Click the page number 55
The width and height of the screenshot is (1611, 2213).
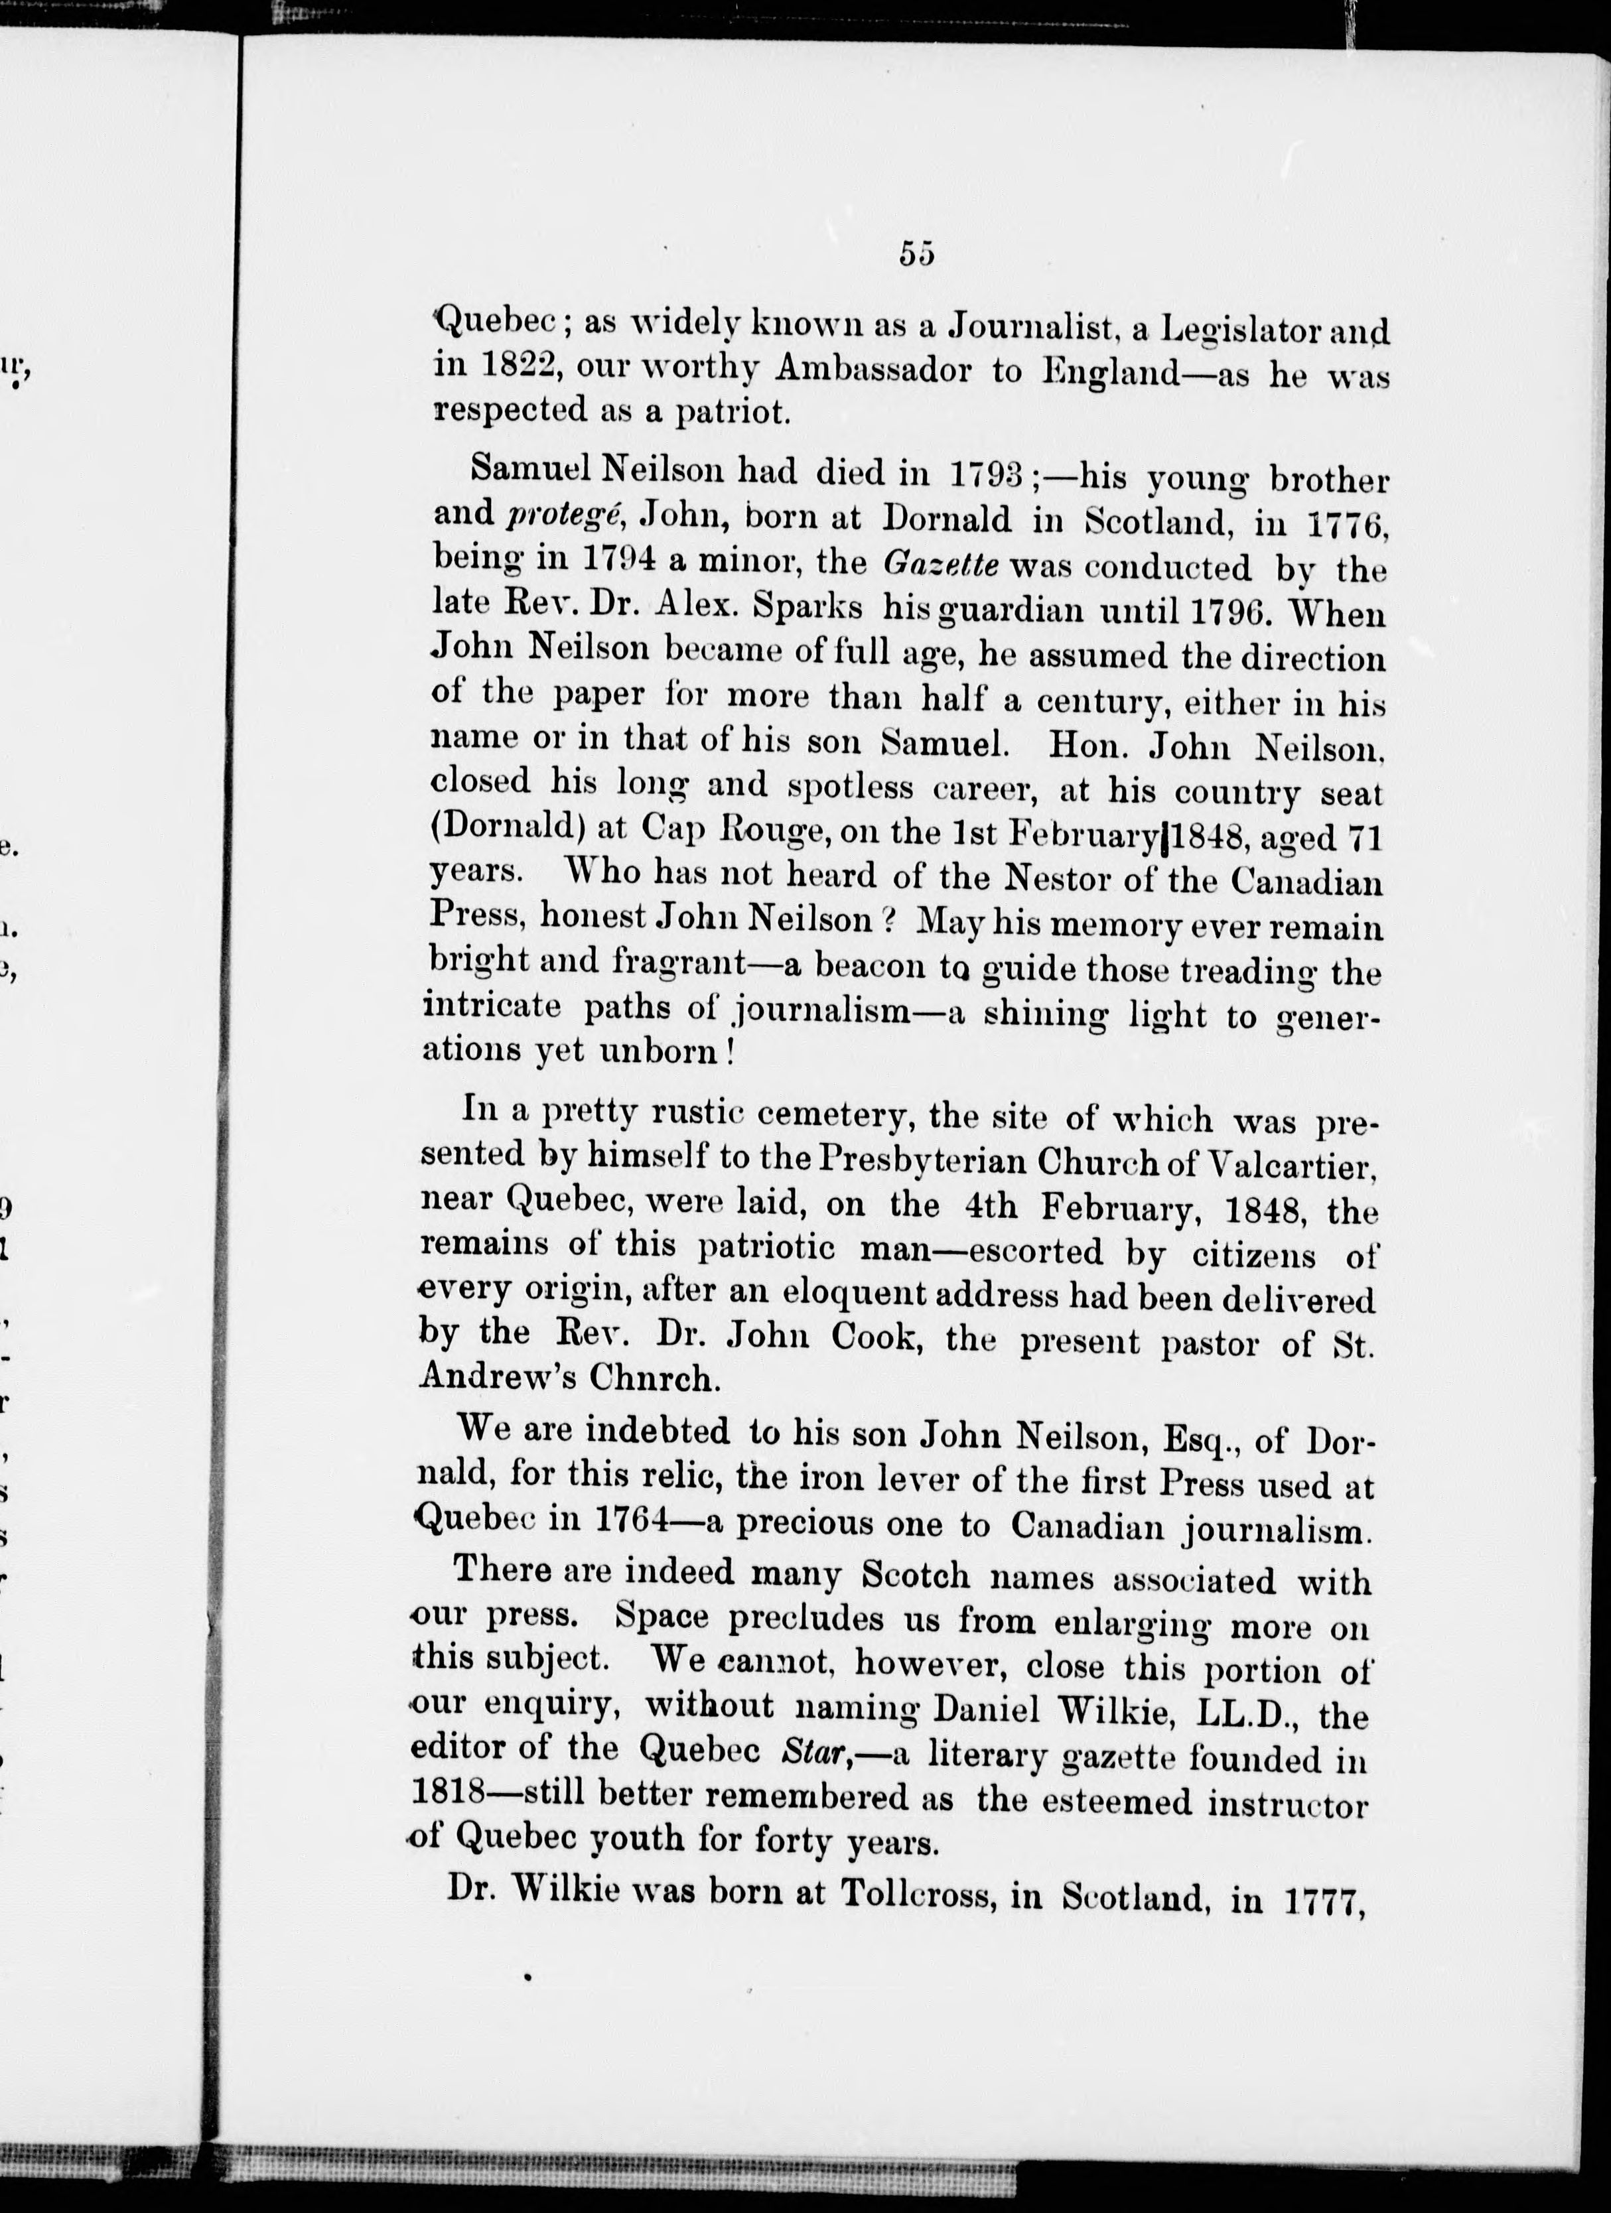pyautogui.click(x=916, y=253)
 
